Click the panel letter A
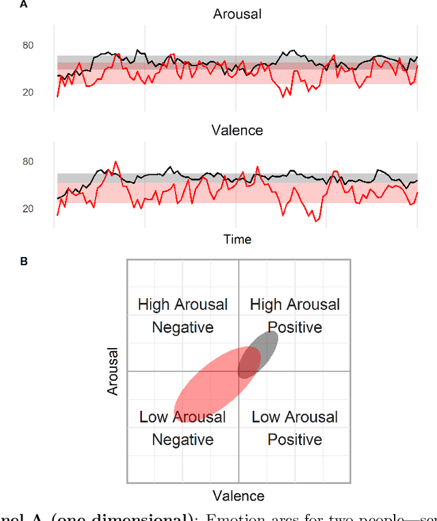23,5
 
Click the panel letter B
23,260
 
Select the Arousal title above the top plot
237,14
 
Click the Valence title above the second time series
237,130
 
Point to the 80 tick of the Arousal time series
28,46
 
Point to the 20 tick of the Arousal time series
28,92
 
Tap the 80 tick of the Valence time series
28,162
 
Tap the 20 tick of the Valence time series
28,209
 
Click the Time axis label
237,239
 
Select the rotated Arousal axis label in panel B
113,371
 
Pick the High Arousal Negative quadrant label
182,316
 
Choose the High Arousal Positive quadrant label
294,316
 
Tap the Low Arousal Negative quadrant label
182,428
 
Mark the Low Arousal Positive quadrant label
294,428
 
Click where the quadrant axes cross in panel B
238,371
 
